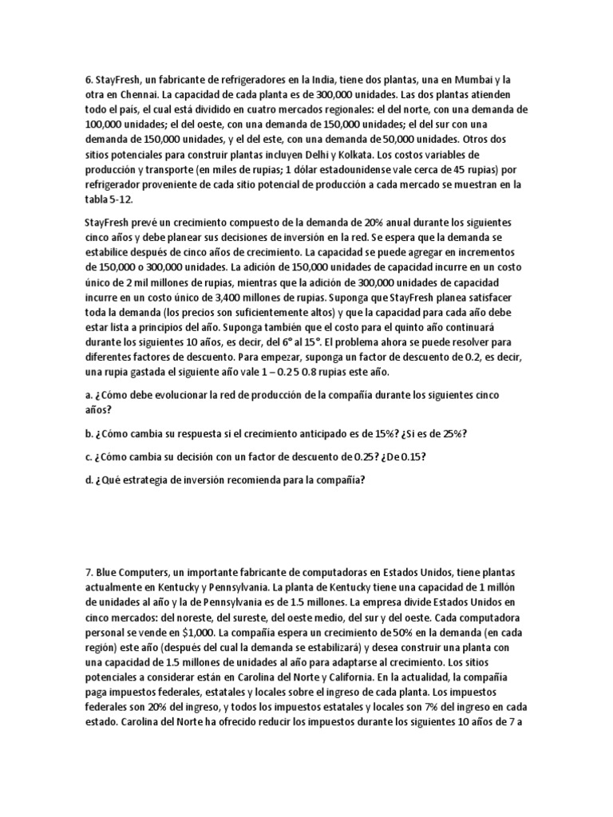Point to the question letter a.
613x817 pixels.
[x=87, y=396]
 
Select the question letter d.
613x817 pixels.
[x=87, y=480]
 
